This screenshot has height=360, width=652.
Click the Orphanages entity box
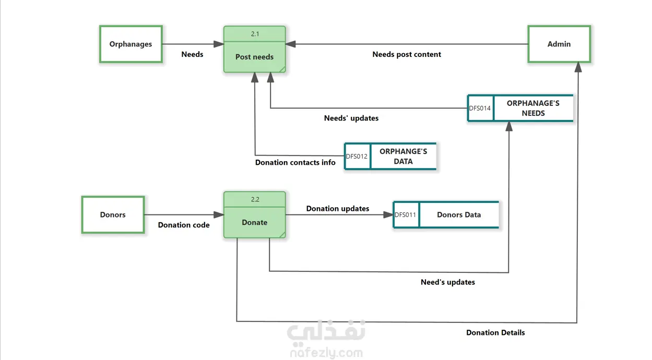click(131, 44)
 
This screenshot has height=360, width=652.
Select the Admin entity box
click(559, 44)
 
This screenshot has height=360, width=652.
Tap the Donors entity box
click(113, 214)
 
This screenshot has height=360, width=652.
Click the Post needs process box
click(254, 56)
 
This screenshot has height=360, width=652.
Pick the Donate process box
click(254, 222)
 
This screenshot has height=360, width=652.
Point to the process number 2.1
click(255, 34)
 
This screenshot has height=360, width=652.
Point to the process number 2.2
click(255, 199)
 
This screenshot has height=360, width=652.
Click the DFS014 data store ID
click(480, 109)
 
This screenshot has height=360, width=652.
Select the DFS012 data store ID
click(357, 156)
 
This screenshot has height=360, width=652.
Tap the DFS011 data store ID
click(406, 214)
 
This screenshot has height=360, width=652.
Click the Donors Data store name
click(459, 214)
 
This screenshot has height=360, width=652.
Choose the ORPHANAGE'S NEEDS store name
click(533, 108)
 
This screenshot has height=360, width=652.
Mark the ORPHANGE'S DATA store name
click(403, 156)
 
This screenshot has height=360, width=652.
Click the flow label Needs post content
click(407, 54)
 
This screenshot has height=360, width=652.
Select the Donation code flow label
click(184, 225)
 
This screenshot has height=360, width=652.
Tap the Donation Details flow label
click(495, 332)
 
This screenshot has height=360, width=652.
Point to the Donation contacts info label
click(295, 162)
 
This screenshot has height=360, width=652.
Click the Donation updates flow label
click(338, 209)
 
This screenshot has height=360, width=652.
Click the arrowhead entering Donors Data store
click(388, 214)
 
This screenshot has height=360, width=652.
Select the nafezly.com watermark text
click(326, 353)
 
